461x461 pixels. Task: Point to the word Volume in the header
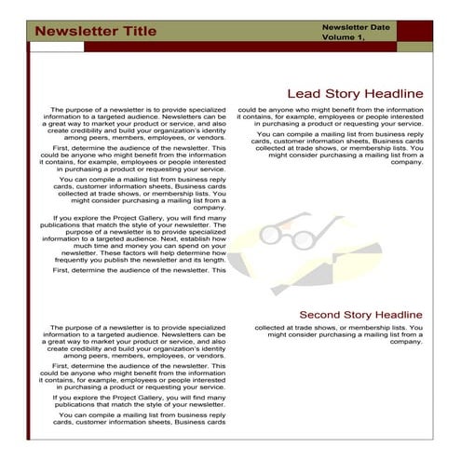point(339,37)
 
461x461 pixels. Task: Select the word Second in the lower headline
point(319,314)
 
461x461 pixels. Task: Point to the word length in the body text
point(210,260)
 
